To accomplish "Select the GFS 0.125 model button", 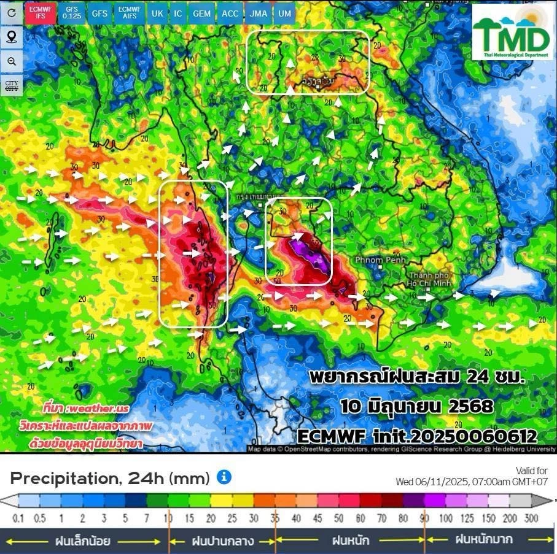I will pyautogui.click(x=72, y=13).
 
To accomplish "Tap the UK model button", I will pyautogui.click(x=158, y=13).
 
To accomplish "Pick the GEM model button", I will pyautogui.click(x=201, y=13).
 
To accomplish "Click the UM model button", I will pyautogui.click(x=284, y=13).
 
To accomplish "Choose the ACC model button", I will pyautogui.click(x=230, y=13).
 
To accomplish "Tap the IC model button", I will pyautogui.click(x=178, y=13).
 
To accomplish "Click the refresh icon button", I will pyautogui.click(x=12, y=13).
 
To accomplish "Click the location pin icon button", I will pyautogui.click(x=12, y=37).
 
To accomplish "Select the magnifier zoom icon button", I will pyautogui.click(x=12, y=61).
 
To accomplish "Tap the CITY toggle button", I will pyautogui.click(x=12, y=85).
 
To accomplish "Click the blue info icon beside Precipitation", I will pyautogui.click(x=224, y=477).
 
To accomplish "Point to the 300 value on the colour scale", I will pyautogui.click(x=531, y=519).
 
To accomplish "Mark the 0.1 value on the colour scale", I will pyautogui.click(x=18, y=519).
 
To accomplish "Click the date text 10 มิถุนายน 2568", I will pyautogui.click(x=417, y=406).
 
